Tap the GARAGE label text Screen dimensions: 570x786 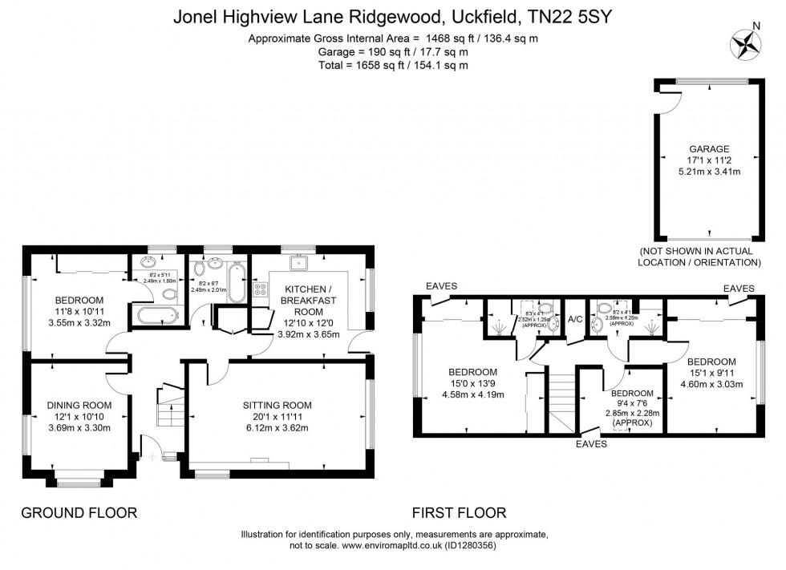point(709,148)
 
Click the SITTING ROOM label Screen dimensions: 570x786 point(277,405)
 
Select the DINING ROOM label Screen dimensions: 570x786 point(79,405)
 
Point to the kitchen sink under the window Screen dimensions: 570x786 point(304,262)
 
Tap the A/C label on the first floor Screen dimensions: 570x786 point(575,318)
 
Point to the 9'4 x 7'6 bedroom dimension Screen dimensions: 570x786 point(633,403)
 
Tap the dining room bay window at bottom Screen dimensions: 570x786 point(79,483)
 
